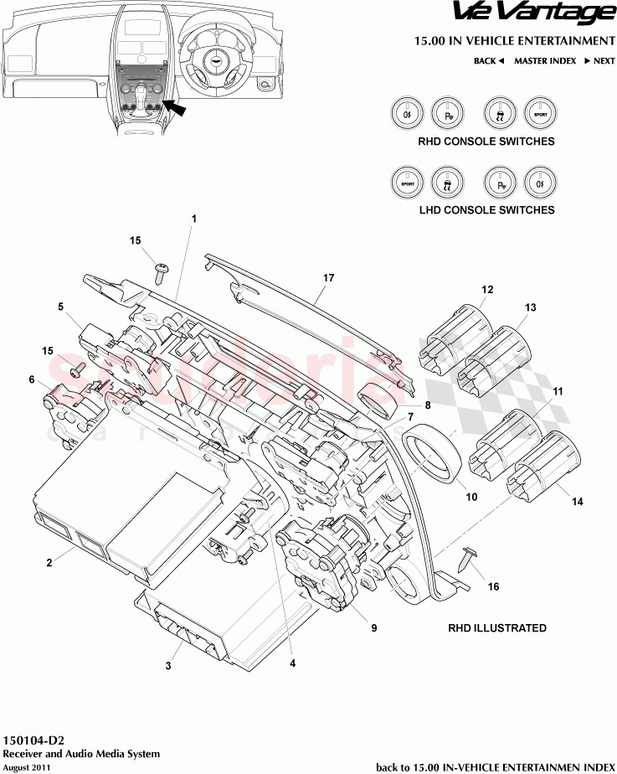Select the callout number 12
487,290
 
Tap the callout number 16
493,587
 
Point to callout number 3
168,666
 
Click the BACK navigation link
488,61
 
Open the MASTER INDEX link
544,61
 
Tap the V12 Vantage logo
534,13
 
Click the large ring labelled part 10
434,457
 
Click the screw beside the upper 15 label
160,271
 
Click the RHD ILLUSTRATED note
497,628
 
